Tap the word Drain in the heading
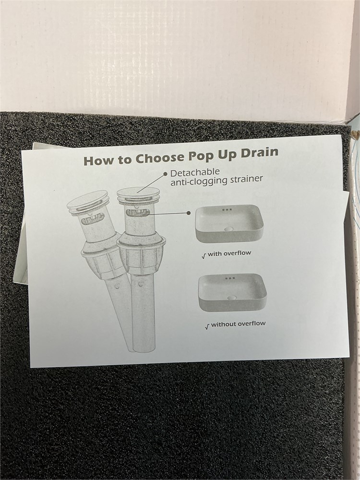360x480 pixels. (x=259, y=152)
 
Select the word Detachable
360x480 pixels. (x=195, y=173)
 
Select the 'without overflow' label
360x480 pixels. (x=238, y=324)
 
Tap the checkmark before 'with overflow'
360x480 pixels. (x=204, y=256)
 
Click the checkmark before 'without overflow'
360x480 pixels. (x=207, y=326)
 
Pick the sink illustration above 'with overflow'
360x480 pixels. (x=229, y=224)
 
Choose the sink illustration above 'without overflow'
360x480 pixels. (x=232, y=292)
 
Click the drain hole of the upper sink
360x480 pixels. (x=228, y=228)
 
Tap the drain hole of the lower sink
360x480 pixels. (x=232, y=297)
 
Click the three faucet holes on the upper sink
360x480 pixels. (x=227, y=210)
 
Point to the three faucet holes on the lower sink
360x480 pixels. (x=230, y=278)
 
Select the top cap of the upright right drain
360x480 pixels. (x=138, y=195)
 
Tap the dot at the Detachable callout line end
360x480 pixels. (x=165, y=174)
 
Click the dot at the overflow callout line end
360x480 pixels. (x=189, y=213)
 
